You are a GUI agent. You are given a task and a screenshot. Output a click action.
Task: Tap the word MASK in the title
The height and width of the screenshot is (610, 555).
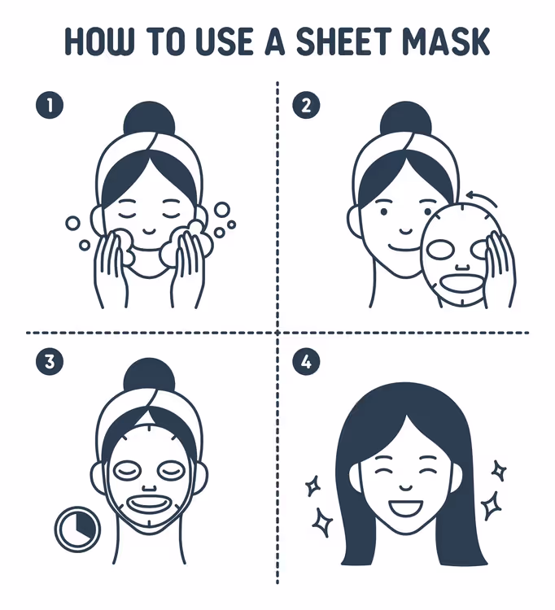tap(446, 41)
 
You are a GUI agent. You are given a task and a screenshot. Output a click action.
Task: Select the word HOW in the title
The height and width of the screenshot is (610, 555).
tap(98, 41)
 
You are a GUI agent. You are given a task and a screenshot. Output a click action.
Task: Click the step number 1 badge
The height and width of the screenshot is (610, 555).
tap(50, 105)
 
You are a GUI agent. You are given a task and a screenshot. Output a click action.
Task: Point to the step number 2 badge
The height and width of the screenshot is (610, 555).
tap(306, 105)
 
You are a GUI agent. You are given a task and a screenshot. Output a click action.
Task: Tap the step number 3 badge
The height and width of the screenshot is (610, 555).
tap(50, 362)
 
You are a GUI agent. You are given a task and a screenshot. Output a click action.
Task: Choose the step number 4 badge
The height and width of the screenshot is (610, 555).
tap(306, 362)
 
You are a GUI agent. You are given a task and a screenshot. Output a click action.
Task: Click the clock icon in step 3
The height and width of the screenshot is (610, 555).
tap(78, 529)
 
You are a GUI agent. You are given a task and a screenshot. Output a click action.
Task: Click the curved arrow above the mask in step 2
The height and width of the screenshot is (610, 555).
tap(483, 196)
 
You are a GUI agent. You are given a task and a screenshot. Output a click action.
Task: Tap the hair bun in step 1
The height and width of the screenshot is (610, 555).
tap(149, 121)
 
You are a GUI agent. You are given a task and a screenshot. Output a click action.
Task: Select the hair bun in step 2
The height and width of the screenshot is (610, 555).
tap(405, 121)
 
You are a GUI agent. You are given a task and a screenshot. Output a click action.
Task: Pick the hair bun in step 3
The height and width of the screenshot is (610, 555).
tap(149, 378)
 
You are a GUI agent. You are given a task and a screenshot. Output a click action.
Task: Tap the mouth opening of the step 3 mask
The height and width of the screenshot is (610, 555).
tap(148, 504)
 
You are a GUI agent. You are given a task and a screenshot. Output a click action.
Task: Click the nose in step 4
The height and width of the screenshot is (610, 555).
tap(405, 487)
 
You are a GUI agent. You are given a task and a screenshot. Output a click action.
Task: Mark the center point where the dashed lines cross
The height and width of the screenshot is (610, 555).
tap(277, 333)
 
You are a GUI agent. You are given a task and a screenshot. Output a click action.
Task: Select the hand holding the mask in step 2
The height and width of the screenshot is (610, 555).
tap(501, 268)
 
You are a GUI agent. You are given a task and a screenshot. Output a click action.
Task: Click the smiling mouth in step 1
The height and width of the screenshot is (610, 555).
tap(149, 232)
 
